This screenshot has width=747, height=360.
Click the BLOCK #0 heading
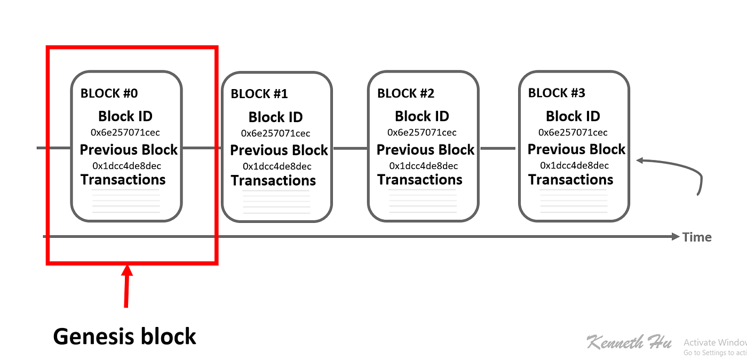point(109,93)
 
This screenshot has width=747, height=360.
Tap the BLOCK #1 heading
point(259,94)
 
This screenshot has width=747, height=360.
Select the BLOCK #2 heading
point(406,93)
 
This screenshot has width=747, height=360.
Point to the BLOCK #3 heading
point(557,93)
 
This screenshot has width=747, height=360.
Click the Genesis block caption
point(124,337)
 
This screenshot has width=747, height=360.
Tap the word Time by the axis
point(697,237)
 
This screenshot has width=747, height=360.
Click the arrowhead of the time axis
point(676,236)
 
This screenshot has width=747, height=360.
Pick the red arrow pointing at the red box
point(127,286)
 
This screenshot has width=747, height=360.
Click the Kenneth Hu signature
point(629,342)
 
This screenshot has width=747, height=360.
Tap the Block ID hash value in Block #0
point(125,133)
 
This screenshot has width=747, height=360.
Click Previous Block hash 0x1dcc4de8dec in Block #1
point(277,166)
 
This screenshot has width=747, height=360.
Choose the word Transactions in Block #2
point(420,180)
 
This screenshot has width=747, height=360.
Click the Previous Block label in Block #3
point(577,149)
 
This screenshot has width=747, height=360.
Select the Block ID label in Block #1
point(276,117)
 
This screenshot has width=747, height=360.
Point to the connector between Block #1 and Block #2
point(350,149)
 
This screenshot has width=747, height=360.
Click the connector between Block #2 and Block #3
point(497,149)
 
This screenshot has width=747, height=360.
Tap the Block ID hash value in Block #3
point(573,133)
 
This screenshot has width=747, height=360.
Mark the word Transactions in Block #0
point(123,180)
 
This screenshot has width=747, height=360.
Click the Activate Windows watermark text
point(715,347)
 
